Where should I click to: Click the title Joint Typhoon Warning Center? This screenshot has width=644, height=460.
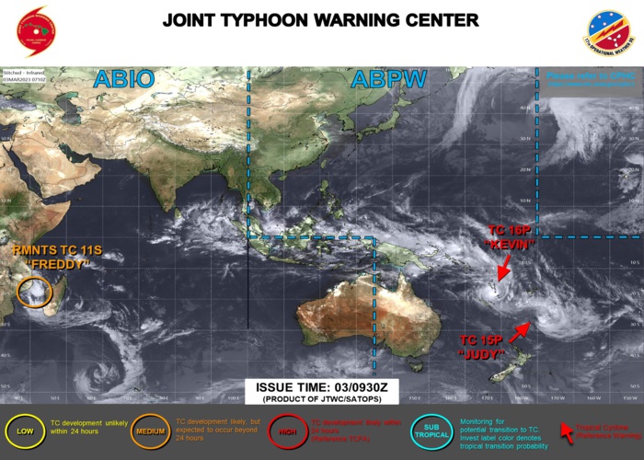(321, 19)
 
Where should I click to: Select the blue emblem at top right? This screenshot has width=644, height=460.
(609, 33)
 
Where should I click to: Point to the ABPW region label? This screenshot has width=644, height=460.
(387, 79)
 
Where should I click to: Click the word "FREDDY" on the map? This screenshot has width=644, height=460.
(58, 264)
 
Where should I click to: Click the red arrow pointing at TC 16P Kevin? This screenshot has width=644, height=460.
(503, 268)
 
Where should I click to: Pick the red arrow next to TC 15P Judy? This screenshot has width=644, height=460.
(520, 330)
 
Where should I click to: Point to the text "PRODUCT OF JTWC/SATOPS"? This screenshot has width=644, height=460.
(321, 401)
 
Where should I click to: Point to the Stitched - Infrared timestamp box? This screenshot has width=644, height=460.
(28, 76)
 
